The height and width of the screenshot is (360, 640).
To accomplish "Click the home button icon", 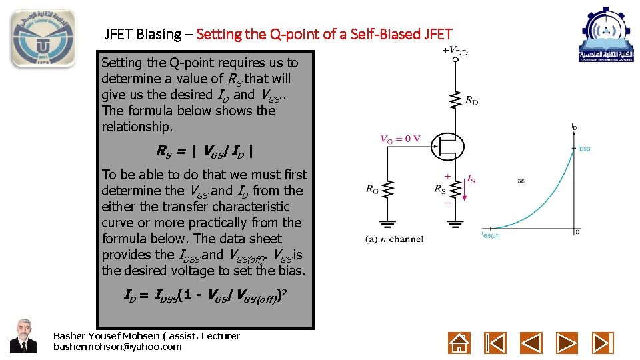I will [459, 343].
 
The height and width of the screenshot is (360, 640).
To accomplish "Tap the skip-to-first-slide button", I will [495, 343].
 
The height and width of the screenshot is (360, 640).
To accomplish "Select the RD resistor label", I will [471, 101].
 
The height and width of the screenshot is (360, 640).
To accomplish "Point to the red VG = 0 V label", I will [400, 139].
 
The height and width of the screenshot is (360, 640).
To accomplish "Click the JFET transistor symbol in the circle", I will [446, 145].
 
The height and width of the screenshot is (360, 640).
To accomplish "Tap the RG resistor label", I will [372, 189].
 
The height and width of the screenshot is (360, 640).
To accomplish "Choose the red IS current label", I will [471, 179].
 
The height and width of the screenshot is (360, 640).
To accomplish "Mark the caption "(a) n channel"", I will [394, 239].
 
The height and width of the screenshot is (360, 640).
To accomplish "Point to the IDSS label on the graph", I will [583, 148].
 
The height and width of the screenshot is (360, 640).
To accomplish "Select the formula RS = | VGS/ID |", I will [205, 151].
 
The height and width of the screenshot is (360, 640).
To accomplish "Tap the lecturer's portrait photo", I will [23, 335].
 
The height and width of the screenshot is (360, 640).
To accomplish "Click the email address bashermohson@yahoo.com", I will [117, 347].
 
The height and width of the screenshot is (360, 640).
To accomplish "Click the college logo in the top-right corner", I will [606, 35].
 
